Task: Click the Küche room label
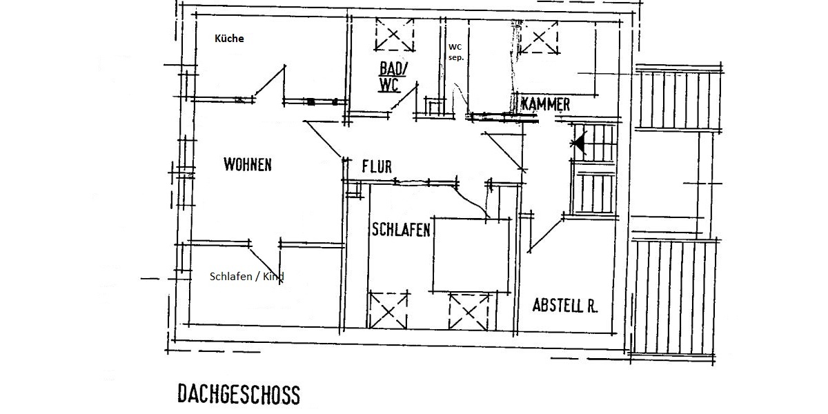[x=229, y=39]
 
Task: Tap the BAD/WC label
[x=393, y=77]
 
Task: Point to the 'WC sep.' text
[x=456, y=52]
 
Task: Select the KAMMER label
[x=546, y=105]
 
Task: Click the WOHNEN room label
[x=248, y=165]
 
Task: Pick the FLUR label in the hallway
[x=377, y=166]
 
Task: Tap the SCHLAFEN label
[x=401, y=230]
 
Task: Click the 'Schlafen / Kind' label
[x=247, y=277]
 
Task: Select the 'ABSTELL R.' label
[x=565, y=305]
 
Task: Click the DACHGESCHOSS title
[x=239, y=395]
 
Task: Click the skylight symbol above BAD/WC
[x=395, y=34]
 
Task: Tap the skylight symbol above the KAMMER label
[x=538, y=37]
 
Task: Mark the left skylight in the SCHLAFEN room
[x=388, y=310]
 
